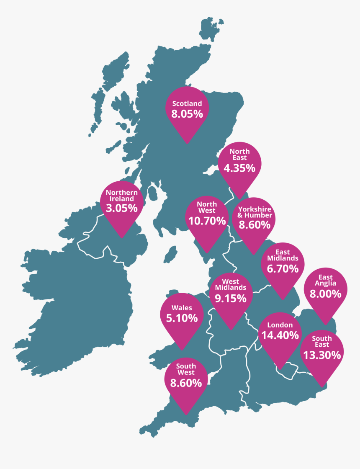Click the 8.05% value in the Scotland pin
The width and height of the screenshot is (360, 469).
(187, 114)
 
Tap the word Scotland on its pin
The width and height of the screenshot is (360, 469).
(187, 103)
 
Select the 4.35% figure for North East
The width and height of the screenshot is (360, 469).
(239, 168)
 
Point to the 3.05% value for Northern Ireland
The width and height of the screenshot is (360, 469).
(122, 208)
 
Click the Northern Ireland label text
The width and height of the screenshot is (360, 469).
(122, 196)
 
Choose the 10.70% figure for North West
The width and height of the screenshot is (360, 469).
(207, 221)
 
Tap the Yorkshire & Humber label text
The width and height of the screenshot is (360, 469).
(255, 212)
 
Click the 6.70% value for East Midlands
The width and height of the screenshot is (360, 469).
(283, 269)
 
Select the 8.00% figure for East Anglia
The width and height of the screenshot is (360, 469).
(326, 294)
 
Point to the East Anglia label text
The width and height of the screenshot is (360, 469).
(326, 280)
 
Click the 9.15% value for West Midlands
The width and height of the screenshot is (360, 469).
(231, 299)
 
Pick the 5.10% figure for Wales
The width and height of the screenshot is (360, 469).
(182, 318)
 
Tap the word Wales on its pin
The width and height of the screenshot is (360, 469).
(182, 308)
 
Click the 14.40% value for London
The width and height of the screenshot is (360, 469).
(280, 335)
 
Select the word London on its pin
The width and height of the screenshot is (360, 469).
(280, 325)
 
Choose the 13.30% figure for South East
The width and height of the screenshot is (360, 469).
(322, 355)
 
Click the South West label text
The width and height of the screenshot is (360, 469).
(186, 369)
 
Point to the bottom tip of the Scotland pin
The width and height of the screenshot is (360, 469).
(187, 144)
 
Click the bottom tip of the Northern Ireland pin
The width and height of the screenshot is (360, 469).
(122, 238)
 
